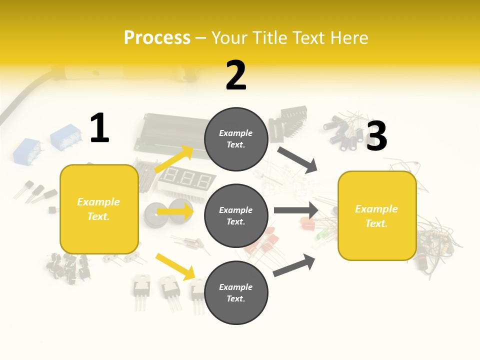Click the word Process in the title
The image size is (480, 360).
157,37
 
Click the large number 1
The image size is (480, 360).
99,128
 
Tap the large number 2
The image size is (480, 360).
236,75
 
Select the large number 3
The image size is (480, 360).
376,136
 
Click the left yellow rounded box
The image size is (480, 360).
99,209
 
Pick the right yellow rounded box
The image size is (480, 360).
377,215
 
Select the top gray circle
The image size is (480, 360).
236,139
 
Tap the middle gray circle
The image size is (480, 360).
236,215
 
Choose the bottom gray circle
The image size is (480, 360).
236,292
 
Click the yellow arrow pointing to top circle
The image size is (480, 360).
174,159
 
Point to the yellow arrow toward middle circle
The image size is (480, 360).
174,211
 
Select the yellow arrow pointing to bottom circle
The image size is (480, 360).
175,266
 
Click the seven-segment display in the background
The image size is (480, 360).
186,179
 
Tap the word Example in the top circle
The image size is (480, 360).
236,133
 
